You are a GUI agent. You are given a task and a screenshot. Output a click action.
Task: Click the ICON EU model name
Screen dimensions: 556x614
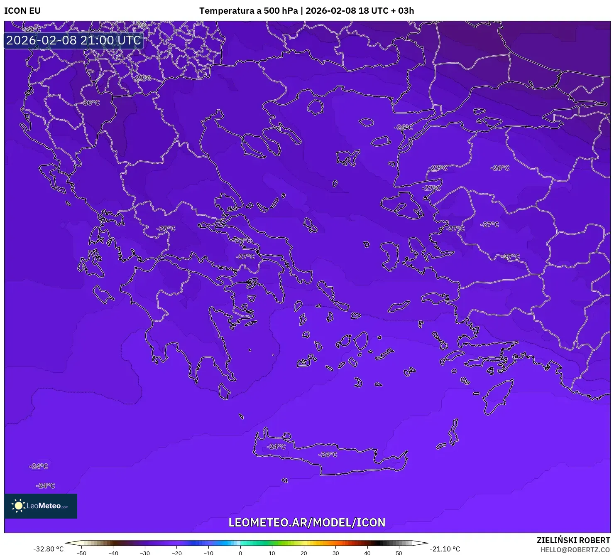[22, 11]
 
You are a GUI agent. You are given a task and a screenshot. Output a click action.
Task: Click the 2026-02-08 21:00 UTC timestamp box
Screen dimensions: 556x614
[73, 40]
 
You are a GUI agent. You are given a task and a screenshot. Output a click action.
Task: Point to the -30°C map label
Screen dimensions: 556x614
[91, 103]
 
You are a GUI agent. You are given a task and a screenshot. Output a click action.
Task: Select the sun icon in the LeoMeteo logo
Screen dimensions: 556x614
[18, 505]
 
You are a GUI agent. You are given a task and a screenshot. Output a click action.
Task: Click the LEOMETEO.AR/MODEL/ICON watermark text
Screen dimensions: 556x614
[307, 522]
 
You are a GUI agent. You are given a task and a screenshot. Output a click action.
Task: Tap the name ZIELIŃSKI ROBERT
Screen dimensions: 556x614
[573, 540]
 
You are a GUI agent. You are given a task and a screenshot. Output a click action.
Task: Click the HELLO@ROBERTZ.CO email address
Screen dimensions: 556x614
[575, 550]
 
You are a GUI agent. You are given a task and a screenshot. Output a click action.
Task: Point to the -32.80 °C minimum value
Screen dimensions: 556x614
[49, 549]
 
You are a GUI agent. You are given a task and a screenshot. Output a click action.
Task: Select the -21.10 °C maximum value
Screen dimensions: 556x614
[445, 549]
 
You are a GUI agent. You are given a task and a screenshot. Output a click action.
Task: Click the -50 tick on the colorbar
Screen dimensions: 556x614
[81, 553]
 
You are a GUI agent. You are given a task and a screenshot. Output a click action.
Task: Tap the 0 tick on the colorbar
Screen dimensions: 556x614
[240, 553]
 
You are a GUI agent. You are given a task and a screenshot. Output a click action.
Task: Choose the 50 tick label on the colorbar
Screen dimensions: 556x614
[399, 553]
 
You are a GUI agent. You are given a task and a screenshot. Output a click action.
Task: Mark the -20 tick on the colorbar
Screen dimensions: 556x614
[177, 553]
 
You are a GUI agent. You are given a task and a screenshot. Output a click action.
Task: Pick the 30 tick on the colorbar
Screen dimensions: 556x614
[335, 553]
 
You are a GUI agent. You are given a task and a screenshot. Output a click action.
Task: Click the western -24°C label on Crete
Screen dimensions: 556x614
[276, 447]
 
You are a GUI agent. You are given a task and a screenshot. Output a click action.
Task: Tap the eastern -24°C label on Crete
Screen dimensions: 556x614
[328, 455]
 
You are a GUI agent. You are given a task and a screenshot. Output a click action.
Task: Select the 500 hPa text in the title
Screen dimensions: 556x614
[281, 11]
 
